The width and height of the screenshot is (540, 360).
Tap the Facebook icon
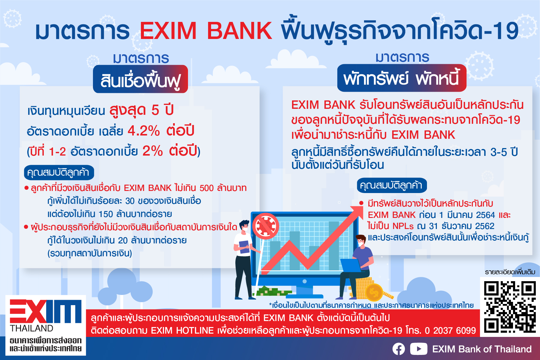tap(398, 349)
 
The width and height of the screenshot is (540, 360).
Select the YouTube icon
tap(419, 349)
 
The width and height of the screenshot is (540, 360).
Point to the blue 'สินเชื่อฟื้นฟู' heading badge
tap(140, 79)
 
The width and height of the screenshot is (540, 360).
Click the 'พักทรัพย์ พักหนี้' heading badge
tap(402, 78)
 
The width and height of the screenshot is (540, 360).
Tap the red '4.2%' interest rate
tap(144, 131)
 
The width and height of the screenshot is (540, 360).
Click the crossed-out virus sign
tap(266, 226)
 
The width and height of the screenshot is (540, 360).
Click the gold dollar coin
tap(374, 292)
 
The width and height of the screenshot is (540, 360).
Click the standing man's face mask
tap(245, 230)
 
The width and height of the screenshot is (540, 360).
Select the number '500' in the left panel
tap(207, 188)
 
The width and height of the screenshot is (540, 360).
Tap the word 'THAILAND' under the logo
tap(32, 329)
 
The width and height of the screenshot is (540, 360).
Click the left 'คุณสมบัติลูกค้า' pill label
tap(59, 173)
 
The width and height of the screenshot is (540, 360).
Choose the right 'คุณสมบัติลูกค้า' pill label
tap(392, 186)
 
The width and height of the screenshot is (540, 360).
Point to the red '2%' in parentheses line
tap(152, 151)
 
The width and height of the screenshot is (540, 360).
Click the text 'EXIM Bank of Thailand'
tap(482, 349)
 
